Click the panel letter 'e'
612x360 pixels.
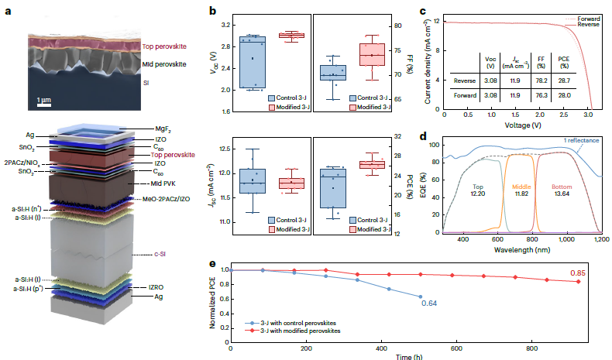pyautogui.click(x=213, y=262)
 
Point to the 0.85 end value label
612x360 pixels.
pyautogui.click(x=578, y=273)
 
